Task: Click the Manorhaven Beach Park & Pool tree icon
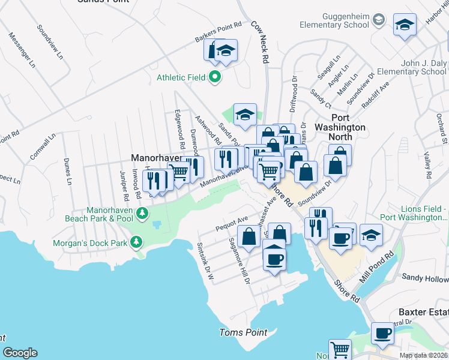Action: (142, 213)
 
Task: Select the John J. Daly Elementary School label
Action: (415, 67)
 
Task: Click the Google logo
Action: (20, 353)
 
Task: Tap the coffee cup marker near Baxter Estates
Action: (382, 333)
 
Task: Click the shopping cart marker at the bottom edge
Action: (340, 349)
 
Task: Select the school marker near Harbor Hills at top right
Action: (405, 25)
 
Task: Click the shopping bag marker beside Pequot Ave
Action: (249, 236)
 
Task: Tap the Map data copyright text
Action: (423, 355)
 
